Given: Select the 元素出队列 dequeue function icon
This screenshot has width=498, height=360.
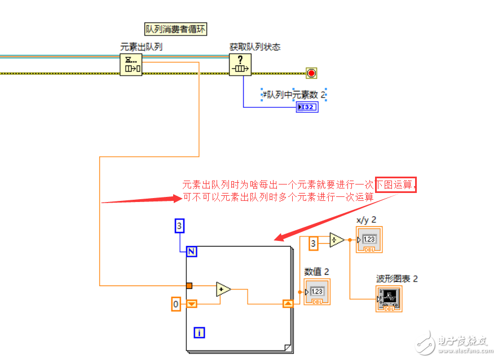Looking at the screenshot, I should tap(131, 64).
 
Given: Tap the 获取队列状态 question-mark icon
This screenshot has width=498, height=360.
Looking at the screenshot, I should tap(240, 64).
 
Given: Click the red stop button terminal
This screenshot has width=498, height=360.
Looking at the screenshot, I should tap(311, 73).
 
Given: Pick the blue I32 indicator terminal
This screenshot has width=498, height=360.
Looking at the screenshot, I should tap(307, 107).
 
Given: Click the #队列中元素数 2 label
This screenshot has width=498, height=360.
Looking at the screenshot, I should tap(294, 95).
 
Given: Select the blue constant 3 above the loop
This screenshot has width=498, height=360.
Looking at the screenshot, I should tap(180, 226).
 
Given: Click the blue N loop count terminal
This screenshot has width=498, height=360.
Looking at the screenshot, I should tap(192, 252).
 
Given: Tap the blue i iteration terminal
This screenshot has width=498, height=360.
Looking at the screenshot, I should tap(199, 333).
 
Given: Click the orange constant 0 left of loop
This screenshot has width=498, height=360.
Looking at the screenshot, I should tap(176, 305).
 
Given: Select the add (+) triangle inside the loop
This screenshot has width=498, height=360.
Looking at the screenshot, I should tap(223, 289).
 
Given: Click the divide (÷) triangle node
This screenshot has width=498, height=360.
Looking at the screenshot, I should tap(337, 240).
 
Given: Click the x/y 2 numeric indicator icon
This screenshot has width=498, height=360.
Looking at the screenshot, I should tap(369, 239).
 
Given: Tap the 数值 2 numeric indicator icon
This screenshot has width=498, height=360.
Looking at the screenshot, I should tap(317, 292).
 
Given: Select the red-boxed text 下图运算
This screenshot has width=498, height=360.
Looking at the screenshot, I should tap(396, 184).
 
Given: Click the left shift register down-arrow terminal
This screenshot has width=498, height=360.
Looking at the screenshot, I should tap(192, 304).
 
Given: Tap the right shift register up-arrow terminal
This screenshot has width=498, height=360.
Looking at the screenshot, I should tap(288, 304).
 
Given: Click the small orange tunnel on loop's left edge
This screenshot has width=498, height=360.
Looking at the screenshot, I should tap(189, 286).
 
